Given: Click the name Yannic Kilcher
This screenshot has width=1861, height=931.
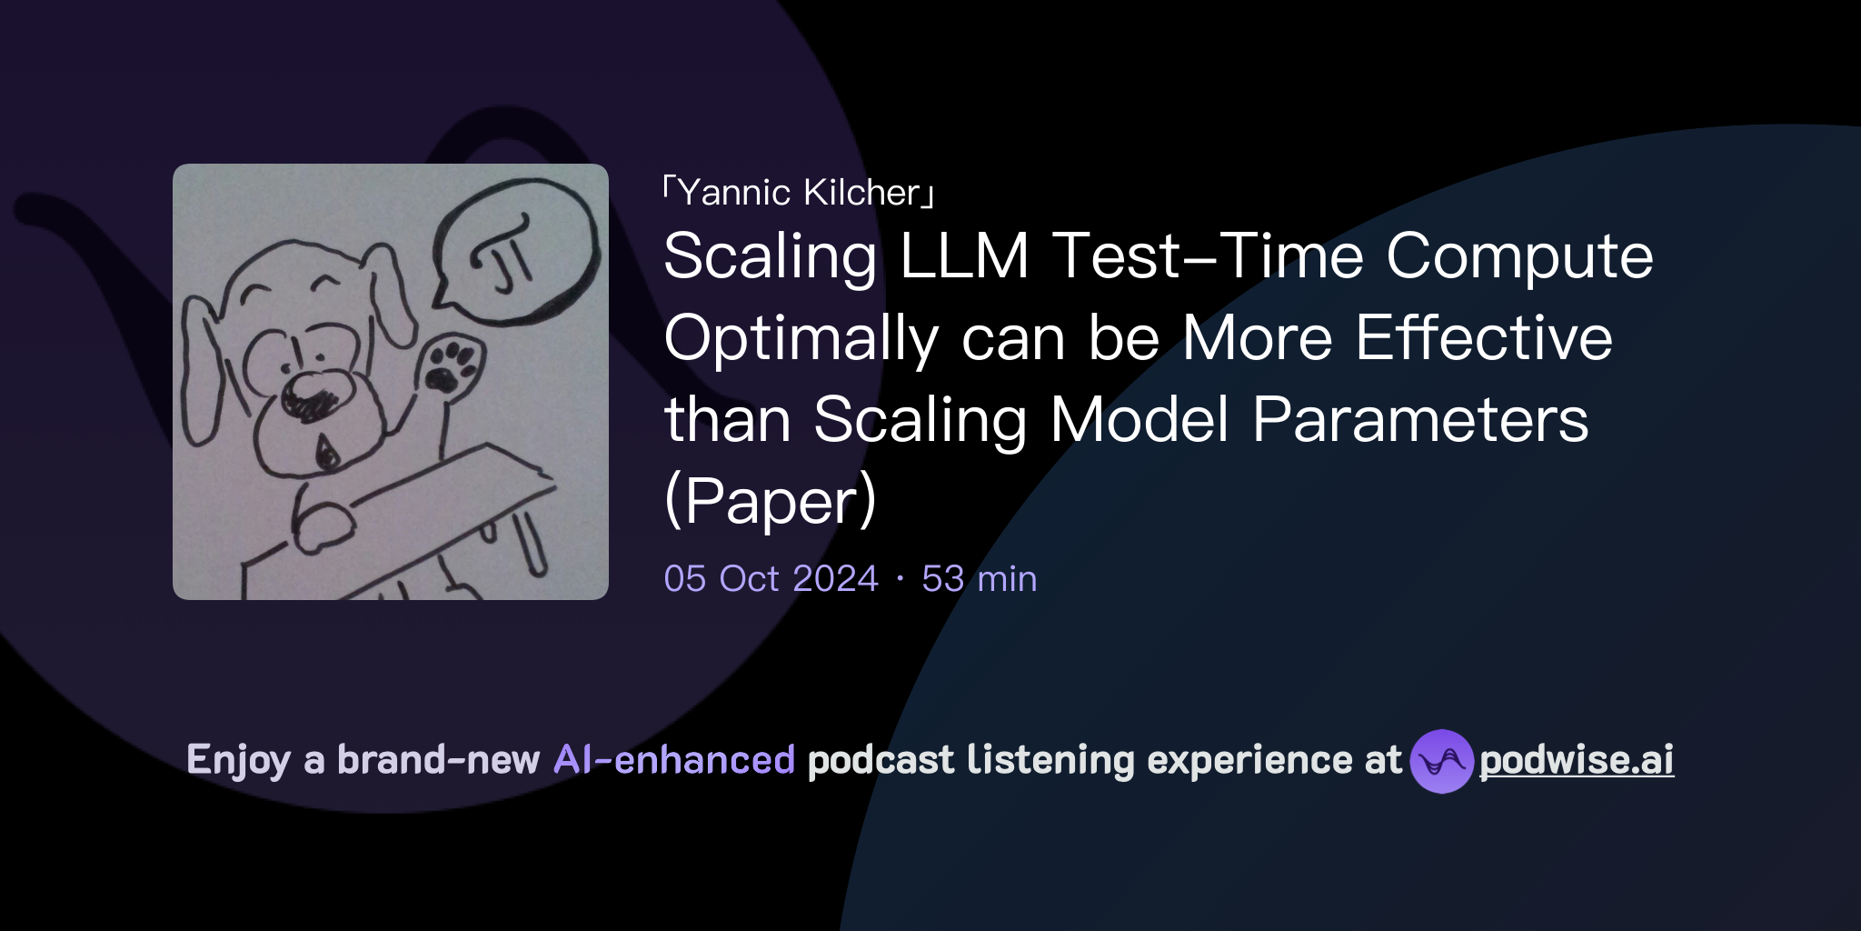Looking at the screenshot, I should click(799, 193).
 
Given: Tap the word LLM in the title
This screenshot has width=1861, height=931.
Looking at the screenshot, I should click(963, 256).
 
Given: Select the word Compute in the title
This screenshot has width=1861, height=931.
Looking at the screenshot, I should click(1518, 256).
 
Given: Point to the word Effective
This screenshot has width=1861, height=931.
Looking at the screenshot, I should click(1484, 338).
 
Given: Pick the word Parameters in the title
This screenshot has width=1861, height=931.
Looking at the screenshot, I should click(1420, 420).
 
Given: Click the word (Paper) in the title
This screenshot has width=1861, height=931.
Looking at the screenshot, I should click(771, 501).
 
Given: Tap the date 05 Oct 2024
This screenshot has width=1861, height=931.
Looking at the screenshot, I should click(771, 579).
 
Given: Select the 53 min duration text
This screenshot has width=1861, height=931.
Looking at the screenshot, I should click(979, 579).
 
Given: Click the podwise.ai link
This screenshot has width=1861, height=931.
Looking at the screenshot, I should click(1576, 760).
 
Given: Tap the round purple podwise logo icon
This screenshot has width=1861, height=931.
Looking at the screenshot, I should click(1441, 761).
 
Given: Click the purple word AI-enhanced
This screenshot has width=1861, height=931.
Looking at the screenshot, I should click(674, 760).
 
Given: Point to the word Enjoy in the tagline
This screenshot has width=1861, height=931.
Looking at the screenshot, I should click(238, 761).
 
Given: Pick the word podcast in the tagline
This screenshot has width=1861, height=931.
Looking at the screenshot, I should click(881, 760).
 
